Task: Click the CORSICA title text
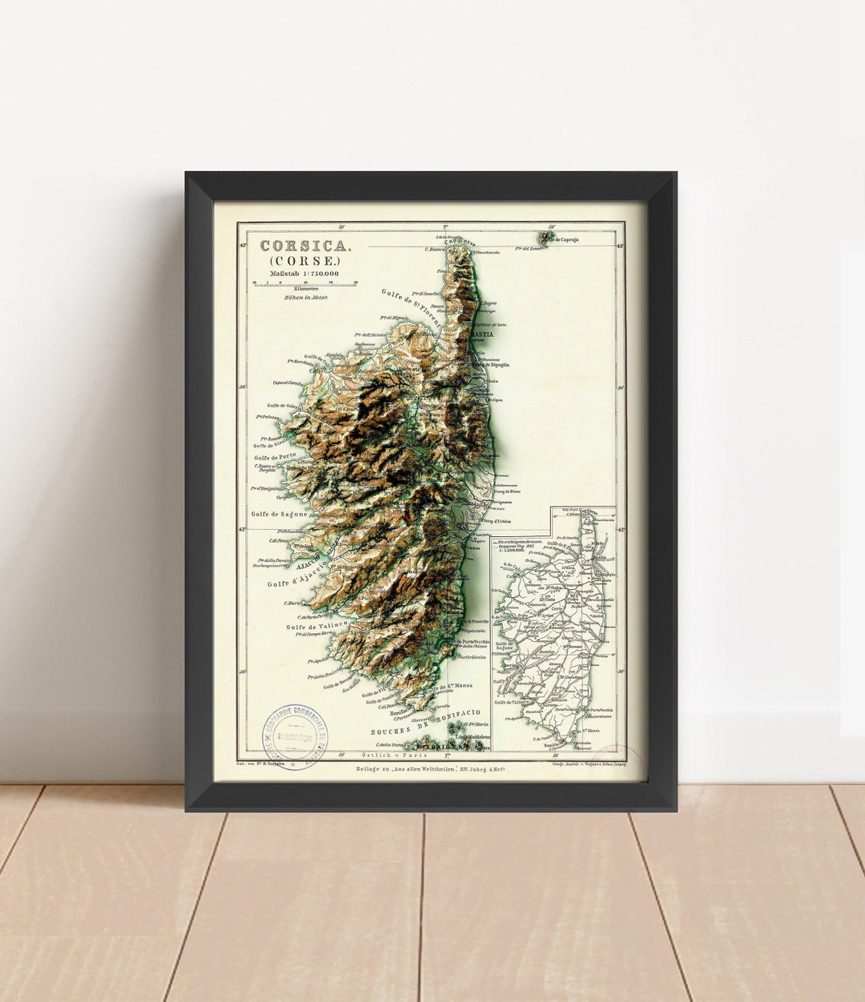pos(304,246)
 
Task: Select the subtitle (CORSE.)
pos(304,261)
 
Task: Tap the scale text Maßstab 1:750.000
pos(304,274)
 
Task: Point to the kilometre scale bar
pos(304,283)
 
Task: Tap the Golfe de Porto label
pos(276,456)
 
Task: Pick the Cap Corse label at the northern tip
pos(460,242)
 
